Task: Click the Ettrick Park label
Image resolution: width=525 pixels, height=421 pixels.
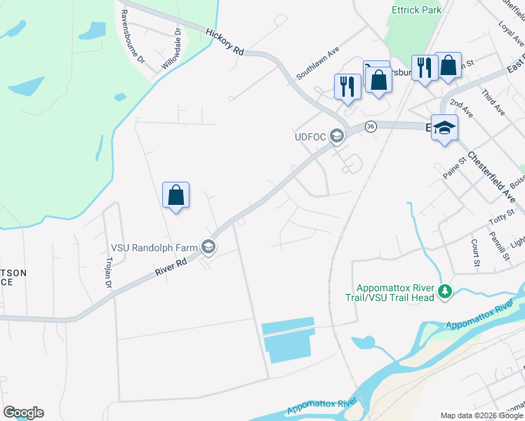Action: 417,10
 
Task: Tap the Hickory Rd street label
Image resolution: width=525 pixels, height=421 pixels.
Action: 225,42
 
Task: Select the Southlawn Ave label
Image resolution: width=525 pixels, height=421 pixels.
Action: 317,62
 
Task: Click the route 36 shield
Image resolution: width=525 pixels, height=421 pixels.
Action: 371,126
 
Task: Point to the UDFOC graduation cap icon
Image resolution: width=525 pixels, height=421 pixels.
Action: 337,136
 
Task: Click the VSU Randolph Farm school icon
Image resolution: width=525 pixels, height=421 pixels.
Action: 208,247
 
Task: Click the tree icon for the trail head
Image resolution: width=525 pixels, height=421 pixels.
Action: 444,291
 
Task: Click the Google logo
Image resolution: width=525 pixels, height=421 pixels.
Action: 23,413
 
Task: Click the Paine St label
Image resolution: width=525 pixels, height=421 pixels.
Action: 454,168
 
